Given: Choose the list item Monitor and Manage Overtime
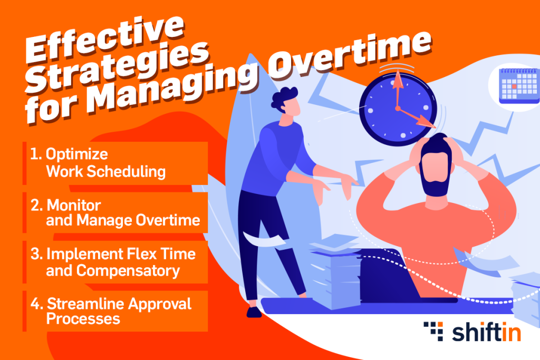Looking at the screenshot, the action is [x=115, y=212].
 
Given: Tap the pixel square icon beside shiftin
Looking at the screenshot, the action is [x=433, y=331].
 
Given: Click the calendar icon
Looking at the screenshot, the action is [x=519, y=86].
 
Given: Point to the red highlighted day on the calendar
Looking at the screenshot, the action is [x=514, y=86].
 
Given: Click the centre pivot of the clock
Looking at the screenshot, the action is [x=398, y=109].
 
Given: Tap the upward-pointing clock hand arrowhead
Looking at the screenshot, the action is [x=398, y=79].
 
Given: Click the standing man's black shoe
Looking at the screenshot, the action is [x=254, y=312].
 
